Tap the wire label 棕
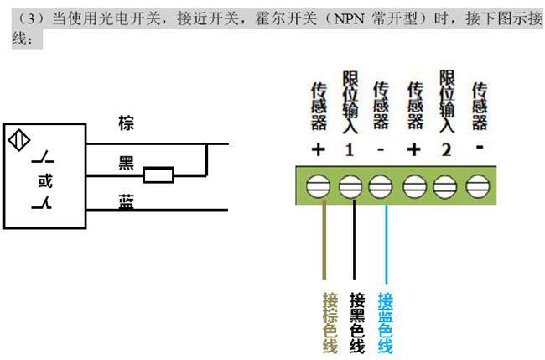[x=127, y=124]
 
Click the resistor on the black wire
[x=158, y=175]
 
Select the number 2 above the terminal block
[x=445, y=150]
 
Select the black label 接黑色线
[x=357, y=323]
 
